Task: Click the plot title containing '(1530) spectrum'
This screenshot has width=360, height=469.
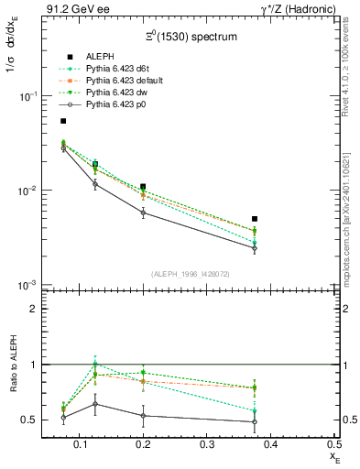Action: click(x=194, y=38)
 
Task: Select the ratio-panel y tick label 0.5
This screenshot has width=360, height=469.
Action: click(x=28, y=420)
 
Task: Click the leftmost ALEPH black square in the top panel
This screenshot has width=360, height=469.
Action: click(x=63, y=121)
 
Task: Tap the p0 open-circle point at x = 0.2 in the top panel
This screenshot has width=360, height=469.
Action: click(x=143, y=213)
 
